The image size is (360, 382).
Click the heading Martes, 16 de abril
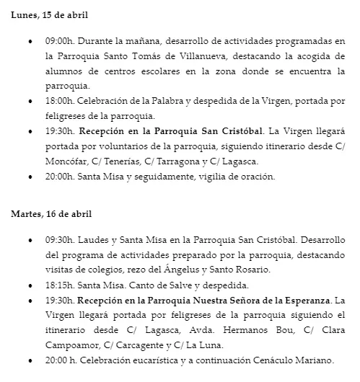point(52,213)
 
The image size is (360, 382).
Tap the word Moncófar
point(66,161)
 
